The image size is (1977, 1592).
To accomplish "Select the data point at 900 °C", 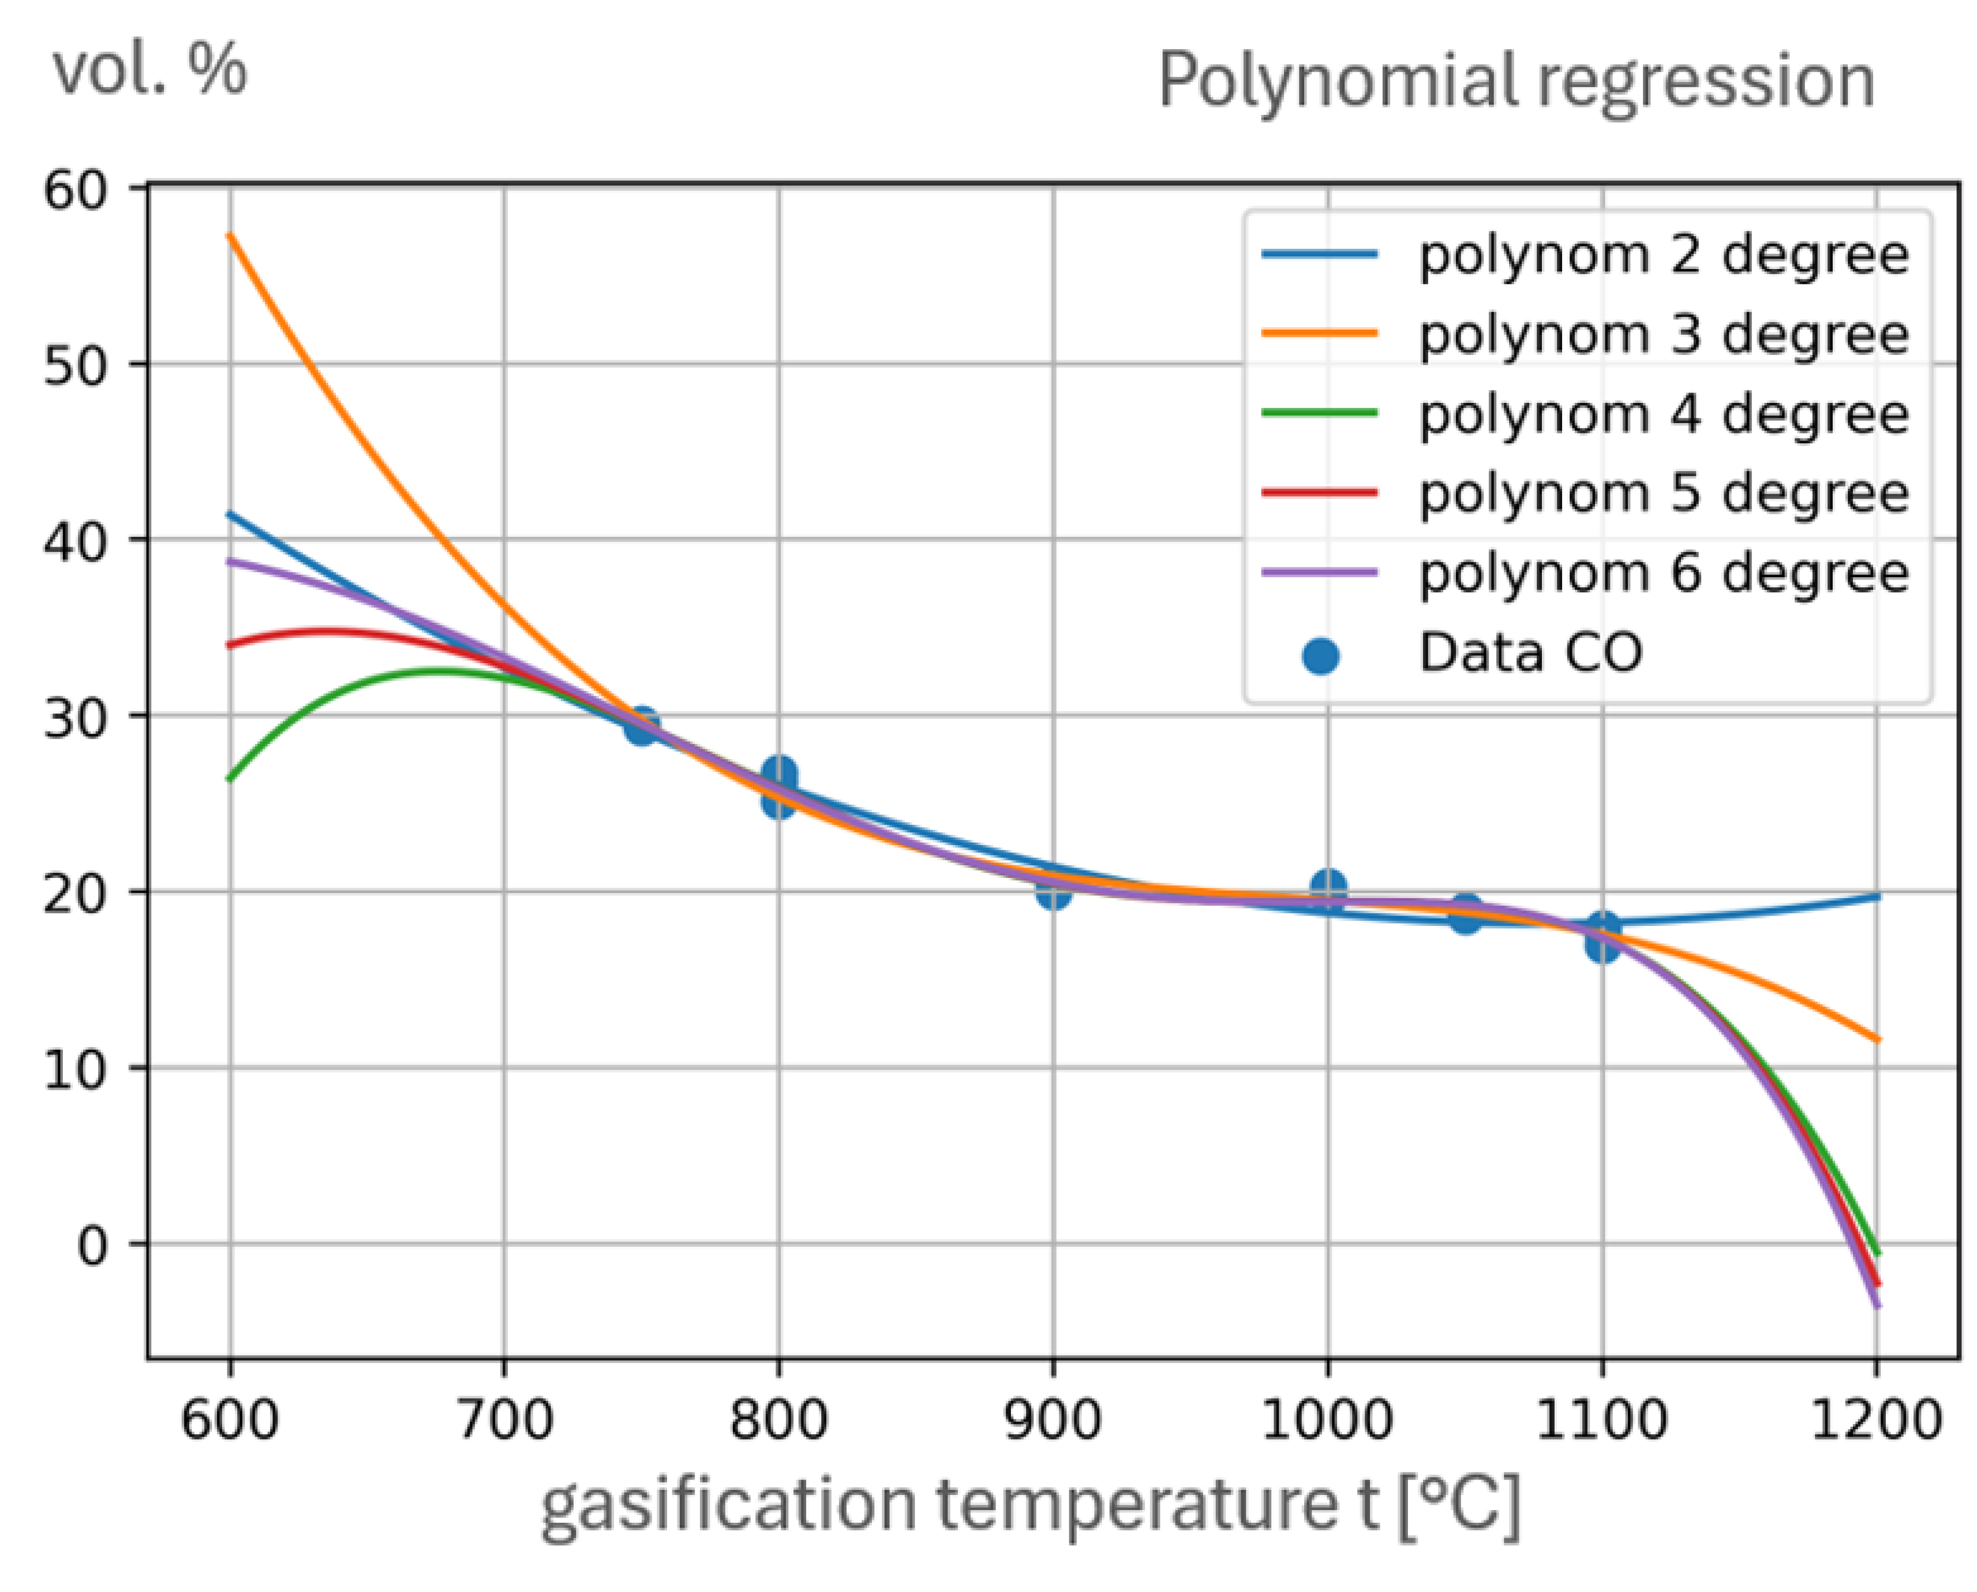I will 1054,890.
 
